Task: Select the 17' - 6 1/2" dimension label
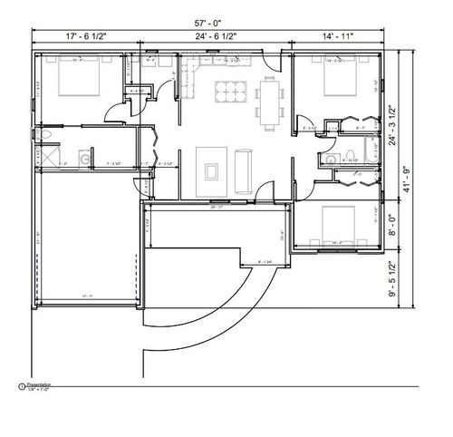(x=86, y=35)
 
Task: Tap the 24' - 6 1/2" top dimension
(x=223, y=35)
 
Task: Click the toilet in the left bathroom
(x=43, y=135)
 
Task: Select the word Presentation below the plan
(x=38, y=384)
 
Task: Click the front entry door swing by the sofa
(x=263, y=193)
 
